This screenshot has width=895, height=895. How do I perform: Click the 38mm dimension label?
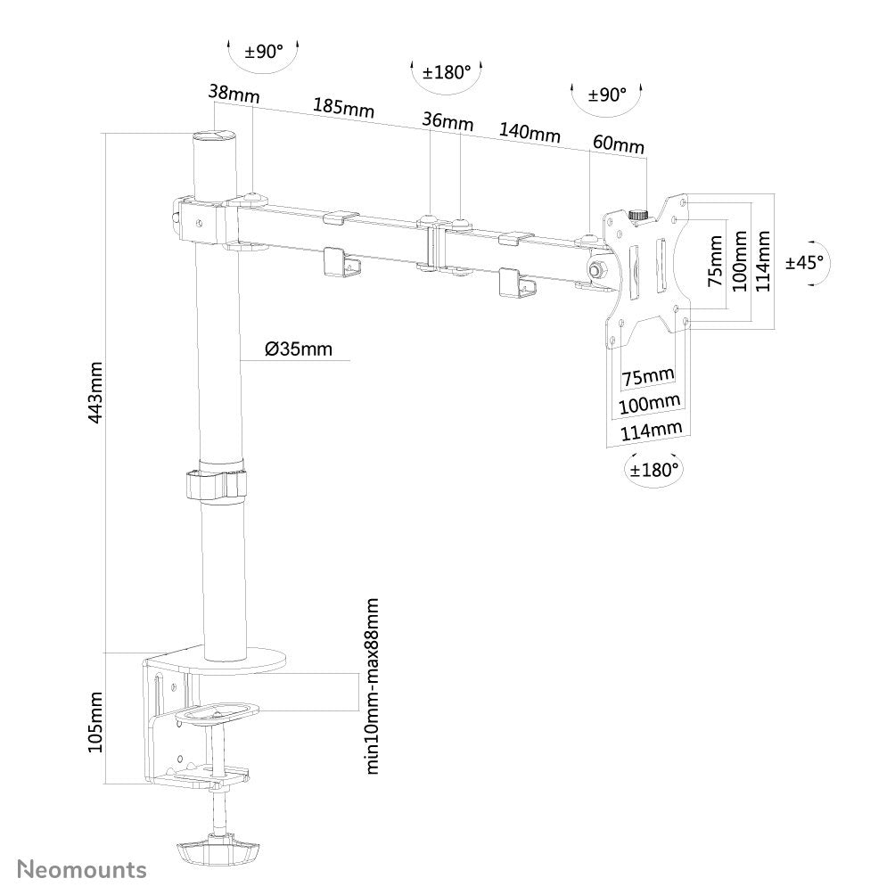227,91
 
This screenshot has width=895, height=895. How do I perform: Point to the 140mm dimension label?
530,133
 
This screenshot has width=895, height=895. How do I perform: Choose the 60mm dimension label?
617,144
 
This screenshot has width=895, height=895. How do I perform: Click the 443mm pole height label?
96,392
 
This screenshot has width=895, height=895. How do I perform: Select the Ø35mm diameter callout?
298,349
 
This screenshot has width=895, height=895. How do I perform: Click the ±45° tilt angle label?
804,262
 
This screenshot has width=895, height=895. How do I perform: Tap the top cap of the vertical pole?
214,136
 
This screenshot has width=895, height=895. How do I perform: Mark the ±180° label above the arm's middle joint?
447,71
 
